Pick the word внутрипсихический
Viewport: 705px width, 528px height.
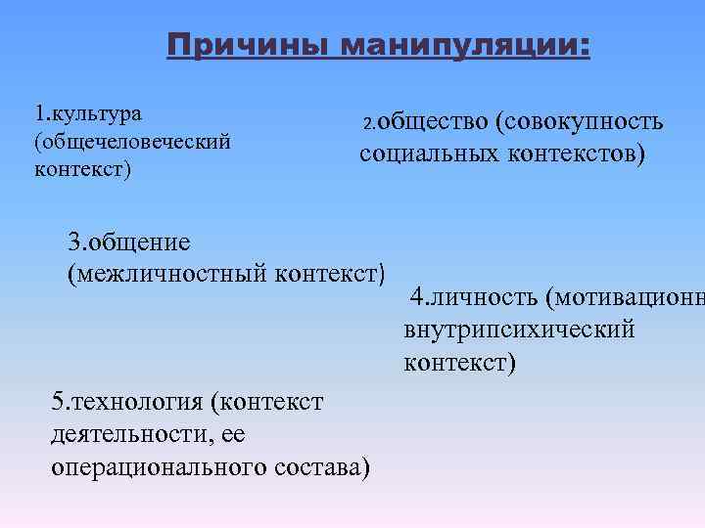tap(518, 330)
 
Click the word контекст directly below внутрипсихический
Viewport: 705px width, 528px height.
tap(458, 363)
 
